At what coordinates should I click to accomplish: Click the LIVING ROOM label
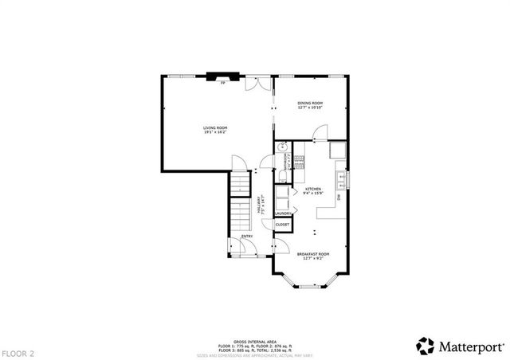[x=215, y=129]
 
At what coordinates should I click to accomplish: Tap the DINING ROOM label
[x=310, y=105]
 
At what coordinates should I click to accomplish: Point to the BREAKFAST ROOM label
[x=312, y=256]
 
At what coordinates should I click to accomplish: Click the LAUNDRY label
[x=283, y=213]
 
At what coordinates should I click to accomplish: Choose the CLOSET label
[x=283, y=225]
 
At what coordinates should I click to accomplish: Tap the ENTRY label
[x=247, y=236]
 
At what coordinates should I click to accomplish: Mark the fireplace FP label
[x=223, y=82]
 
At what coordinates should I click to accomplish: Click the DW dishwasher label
[x=338, y=197]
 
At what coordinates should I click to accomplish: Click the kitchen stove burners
[x=300, y=162]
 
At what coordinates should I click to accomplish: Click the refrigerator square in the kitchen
[x=338, y=149]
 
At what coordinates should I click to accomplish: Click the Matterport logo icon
[x=425, y=346]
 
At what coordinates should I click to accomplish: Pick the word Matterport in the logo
[x=468, y=346]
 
